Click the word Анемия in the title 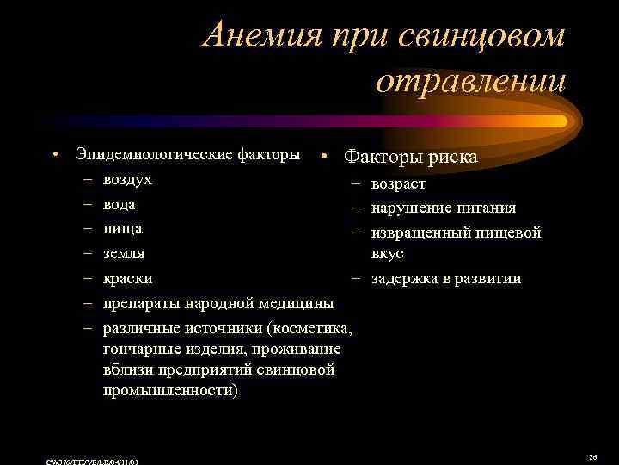pyautogui.click(x=258, y=36)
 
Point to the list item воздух pyautogui.click(x=127, y=179)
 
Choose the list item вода pyautogui.click(x=119, y=205)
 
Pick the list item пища pyautogui.click(x=122, y=229)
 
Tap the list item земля pyautogui.click(x=124, y=254)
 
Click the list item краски pyautogui.click(x=127, y=278)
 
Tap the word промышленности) pyautogui.click(x=172, y=389)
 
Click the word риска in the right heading pyautogui.click(x=449, y=158)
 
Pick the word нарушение pyautogui.click(x=411, y=208)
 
